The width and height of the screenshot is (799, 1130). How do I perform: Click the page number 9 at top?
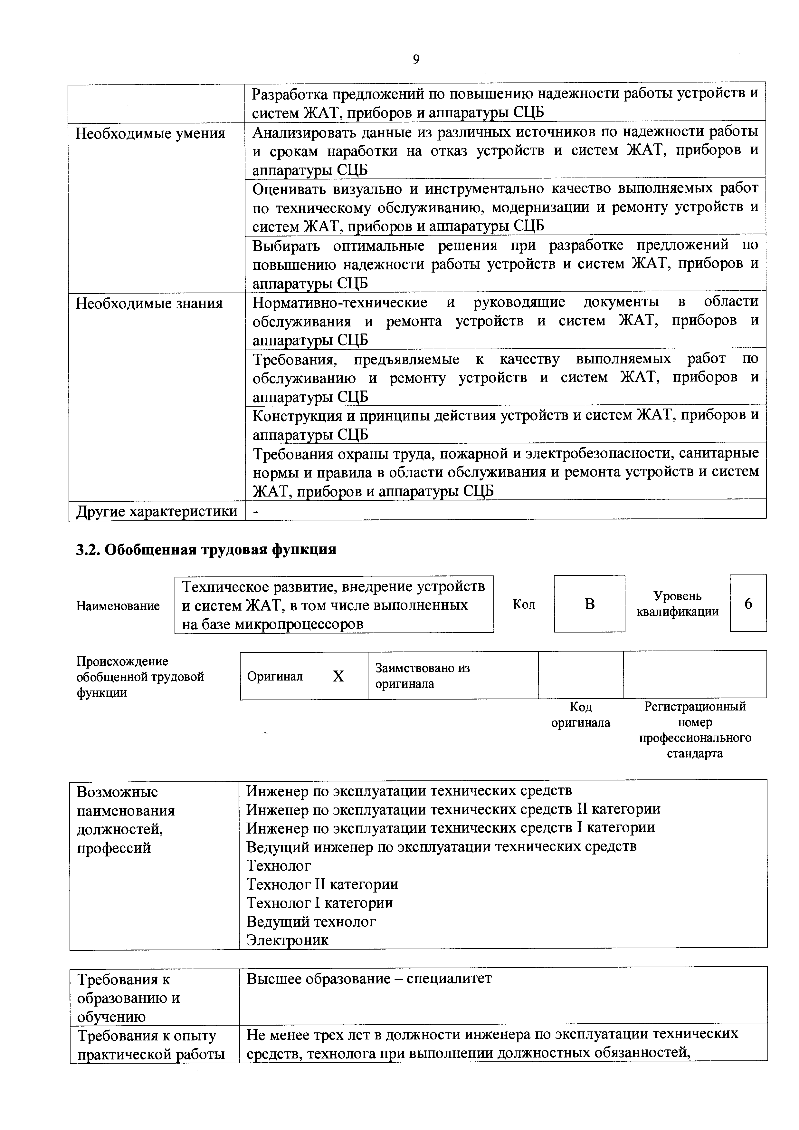tap(416, 60)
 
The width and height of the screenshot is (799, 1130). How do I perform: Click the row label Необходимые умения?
tap(150, 133)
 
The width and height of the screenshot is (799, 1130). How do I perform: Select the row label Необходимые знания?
tap(149, 304)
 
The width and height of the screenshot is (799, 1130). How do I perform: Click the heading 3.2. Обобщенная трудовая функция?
tap(206, 549)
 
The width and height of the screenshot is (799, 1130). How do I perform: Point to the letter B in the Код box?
tap(589, 604)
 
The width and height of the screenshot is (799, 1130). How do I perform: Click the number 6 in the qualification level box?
tap(748, 604)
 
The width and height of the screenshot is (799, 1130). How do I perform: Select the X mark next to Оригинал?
tap(338, 676)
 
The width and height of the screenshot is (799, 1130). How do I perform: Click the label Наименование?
tap(118, 606)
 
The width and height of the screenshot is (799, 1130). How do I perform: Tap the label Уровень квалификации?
tap(678, 604)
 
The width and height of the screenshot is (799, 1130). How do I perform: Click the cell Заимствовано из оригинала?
tap(422, 676)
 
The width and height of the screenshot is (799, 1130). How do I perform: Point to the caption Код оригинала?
tap(581, 714)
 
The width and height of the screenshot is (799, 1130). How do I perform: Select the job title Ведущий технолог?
tap(311, 921)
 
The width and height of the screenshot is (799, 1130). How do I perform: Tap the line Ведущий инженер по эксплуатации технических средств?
tap(441, 846)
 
